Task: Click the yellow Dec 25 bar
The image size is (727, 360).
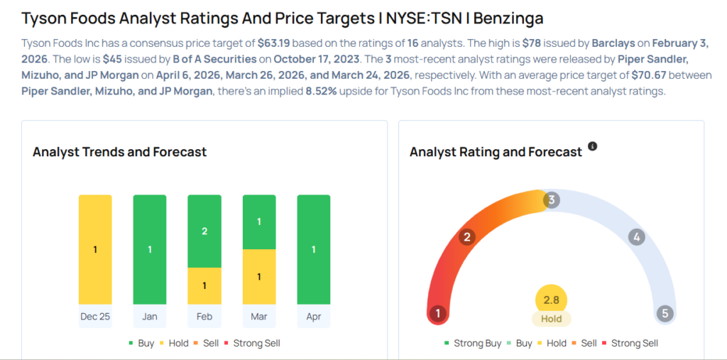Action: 94,249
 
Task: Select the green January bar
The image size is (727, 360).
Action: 150,249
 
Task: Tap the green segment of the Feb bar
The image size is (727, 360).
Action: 204,231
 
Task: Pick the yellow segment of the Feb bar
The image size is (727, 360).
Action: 204,285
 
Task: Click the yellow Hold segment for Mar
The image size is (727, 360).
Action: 259,276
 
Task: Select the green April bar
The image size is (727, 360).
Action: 314,249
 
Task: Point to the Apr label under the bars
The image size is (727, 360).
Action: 314,317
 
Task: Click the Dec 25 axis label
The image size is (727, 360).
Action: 94,317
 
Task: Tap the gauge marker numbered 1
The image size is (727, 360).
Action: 438,313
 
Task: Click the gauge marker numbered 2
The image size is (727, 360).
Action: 466,237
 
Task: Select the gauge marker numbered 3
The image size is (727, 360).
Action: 551,200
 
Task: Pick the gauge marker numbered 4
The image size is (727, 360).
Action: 637,237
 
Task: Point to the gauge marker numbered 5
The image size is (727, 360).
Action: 665,313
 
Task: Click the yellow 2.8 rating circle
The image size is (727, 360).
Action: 552,300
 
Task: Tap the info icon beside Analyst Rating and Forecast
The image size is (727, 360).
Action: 593,146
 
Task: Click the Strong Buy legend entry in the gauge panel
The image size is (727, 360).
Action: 473,343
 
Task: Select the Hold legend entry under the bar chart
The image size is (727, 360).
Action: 173,343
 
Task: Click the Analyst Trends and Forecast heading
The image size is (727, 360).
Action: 119,152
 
